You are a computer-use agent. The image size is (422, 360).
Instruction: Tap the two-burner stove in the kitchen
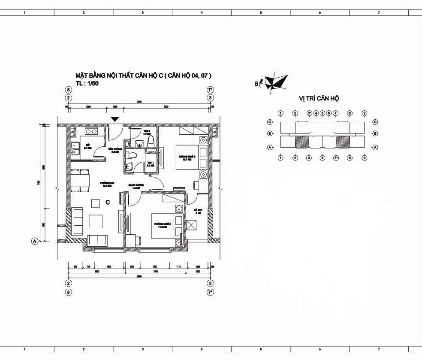pyautogui.click(x=91, y=130)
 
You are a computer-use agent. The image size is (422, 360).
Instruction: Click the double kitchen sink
pyautogui.click(x=75, y=148)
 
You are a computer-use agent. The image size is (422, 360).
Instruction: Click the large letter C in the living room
pyautogui.click(x=108, y=202)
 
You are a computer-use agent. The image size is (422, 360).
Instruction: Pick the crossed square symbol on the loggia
pyautogui.click(x=192, y=225)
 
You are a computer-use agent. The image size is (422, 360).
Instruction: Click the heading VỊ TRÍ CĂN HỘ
pyautogui.click(x=319, y=98)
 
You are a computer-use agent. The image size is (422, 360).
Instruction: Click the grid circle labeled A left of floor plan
pyautogui.click(x=35, y=241)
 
